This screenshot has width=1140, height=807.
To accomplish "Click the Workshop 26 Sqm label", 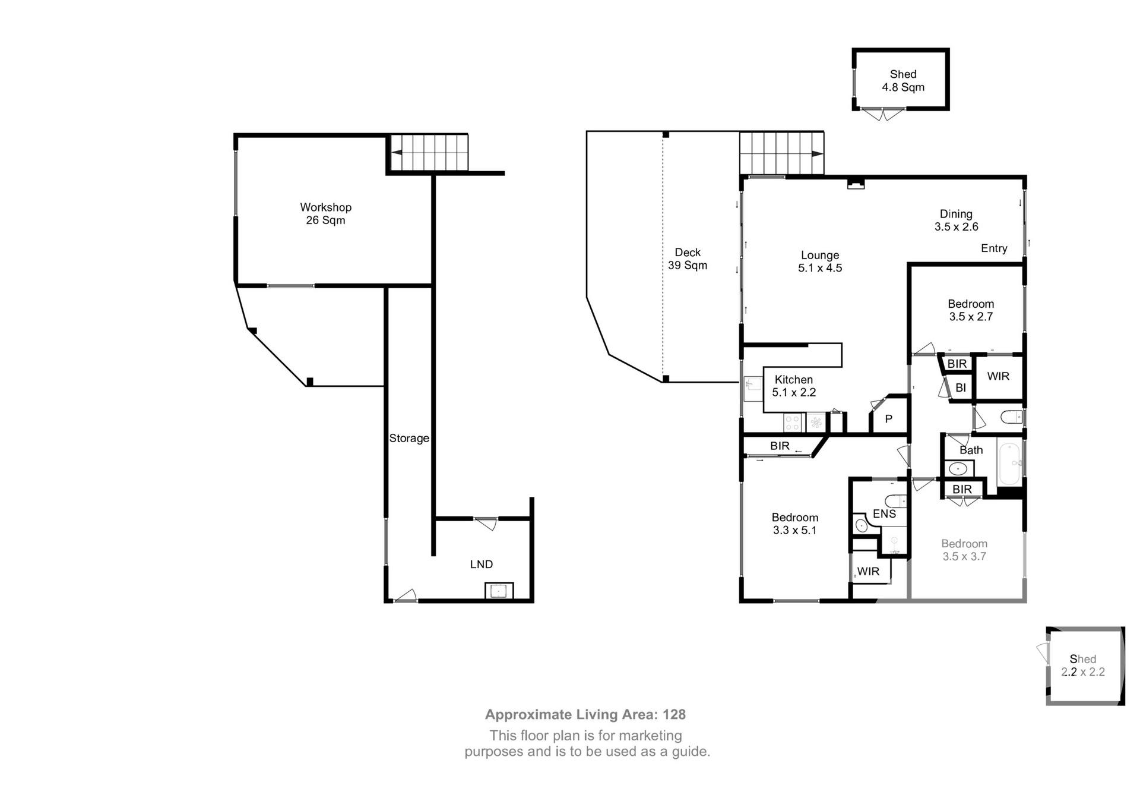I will click(325, 214).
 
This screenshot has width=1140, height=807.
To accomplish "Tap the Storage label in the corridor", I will click(408, 439).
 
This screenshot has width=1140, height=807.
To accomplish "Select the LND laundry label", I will click(481, 565).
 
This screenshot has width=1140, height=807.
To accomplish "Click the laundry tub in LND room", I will click(499, 591).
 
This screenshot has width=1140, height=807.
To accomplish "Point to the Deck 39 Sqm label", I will click(688, 259).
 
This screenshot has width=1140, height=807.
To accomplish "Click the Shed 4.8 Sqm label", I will click(902, 81).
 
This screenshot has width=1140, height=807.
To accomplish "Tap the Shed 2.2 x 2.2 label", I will click(1082, 666).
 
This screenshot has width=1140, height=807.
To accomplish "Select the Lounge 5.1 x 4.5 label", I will click(819, 261).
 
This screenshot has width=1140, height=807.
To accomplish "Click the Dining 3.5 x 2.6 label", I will click(956, 220).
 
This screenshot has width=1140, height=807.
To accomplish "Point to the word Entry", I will click(993, 248).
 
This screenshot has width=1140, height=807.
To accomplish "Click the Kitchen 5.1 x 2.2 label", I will click(793, 386).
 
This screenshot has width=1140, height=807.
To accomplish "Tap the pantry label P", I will click(888, 420).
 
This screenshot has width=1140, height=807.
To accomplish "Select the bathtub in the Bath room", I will click(1009, 464).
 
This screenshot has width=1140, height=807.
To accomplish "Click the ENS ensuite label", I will click(884, 514).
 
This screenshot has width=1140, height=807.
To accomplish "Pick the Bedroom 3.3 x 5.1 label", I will click(794, 524).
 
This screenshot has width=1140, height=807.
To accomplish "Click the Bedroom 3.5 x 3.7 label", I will click(964, 550).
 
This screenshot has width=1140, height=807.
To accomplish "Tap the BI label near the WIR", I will click(961, 388).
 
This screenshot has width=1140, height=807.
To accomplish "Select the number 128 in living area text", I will click(674, 715).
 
